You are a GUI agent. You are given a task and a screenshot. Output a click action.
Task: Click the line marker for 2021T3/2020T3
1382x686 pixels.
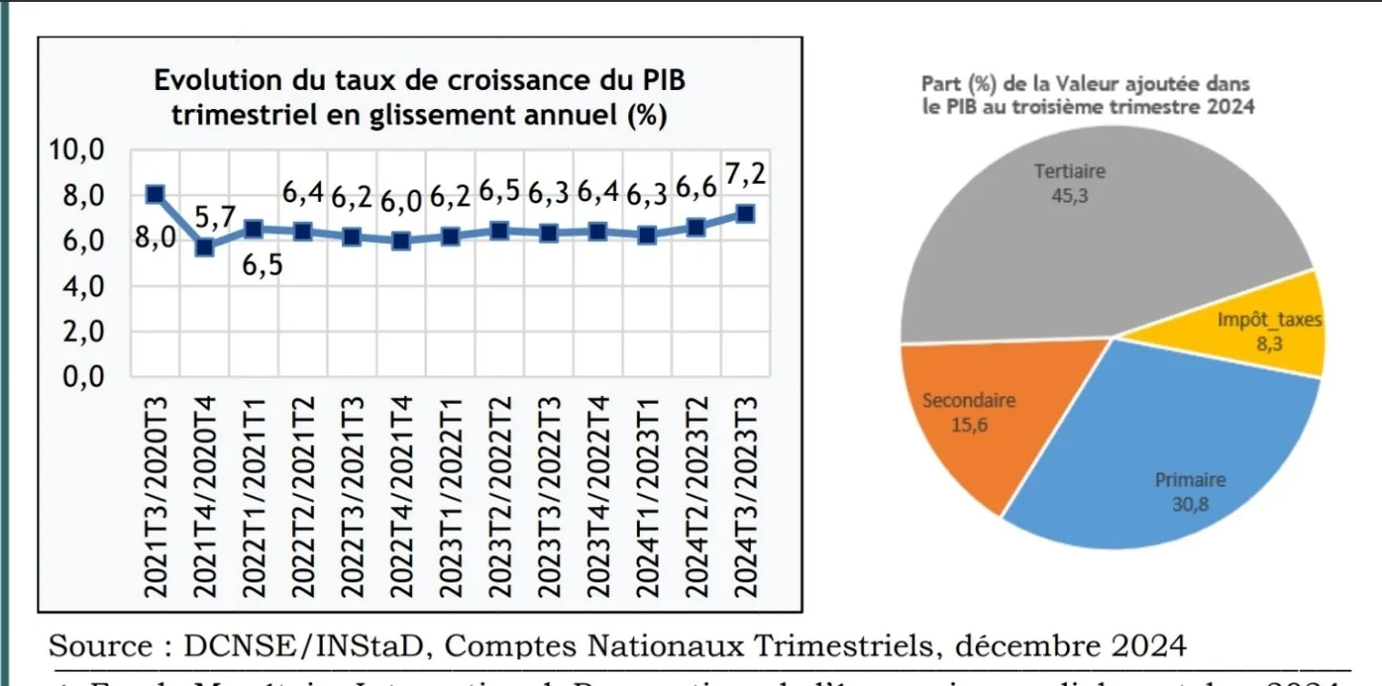(x=154, y=195)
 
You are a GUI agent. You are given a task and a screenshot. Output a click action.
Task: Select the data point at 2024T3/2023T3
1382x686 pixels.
(x=744, y=213)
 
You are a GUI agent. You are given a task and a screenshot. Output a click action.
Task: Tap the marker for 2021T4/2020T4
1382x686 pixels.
(x=204, y=247)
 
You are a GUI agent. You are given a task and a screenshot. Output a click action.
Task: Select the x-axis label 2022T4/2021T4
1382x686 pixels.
(x=402, y=498)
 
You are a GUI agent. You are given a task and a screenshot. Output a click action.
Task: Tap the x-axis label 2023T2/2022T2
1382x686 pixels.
(x=500, y=498)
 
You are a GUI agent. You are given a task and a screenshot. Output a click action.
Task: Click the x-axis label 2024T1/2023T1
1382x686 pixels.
(x=647, y=498)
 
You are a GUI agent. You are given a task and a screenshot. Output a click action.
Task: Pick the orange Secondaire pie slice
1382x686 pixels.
(x=967, y=421)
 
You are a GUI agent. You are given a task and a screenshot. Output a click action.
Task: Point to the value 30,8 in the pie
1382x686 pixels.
(x=1190, y=503)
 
